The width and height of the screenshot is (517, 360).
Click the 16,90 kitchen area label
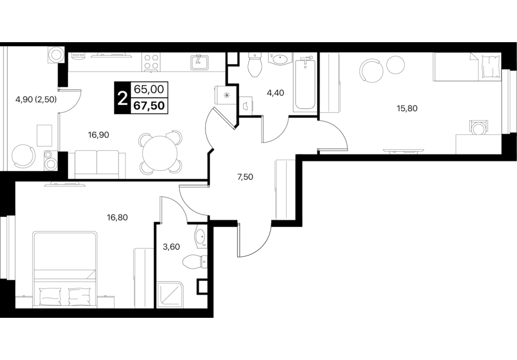point(98,135)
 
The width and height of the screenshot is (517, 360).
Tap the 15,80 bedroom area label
point(407,108)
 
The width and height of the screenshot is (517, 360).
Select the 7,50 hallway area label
point(245,177)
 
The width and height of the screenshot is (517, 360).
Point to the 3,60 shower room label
point(172,246)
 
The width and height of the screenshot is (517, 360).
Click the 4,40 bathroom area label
point(275,93)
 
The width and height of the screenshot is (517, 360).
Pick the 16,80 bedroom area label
point(117,218)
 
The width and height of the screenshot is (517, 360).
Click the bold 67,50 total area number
point(149,105)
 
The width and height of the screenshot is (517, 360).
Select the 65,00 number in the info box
point(149,89)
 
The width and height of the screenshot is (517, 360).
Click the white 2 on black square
point(122,98)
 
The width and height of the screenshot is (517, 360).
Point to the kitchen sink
point(199,62)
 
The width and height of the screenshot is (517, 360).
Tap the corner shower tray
point(170,295)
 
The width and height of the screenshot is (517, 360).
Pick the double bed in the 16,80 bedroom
point(65,269)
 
